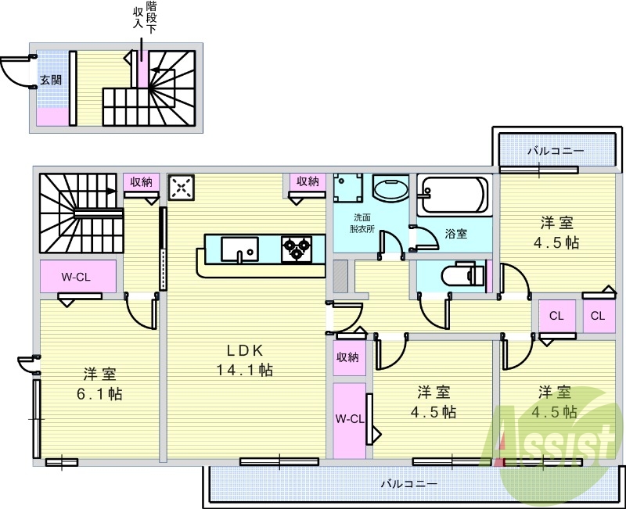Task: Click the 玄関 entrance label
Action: [x=51, y=80]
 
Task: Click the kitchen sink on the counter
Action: [x=239, y=249]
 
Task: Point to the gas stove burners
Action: [x=297, y=248]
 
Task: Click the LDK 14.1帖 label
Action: [x=245, y=360]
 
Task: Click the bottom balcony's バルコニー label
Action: [x=409, y=484]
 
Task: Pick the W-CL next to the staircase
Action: [x=77, y=275]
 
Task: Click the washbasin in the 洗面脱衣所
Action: [x=389, y=189]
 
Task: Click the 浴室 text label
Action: [x=455, y=233]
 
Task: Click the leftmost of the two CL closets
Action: [x=556, y=317]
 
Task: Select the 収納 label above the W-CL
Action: [x=348, y=357]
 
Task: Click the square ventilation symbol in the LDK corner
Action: [x=182, y=188]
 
